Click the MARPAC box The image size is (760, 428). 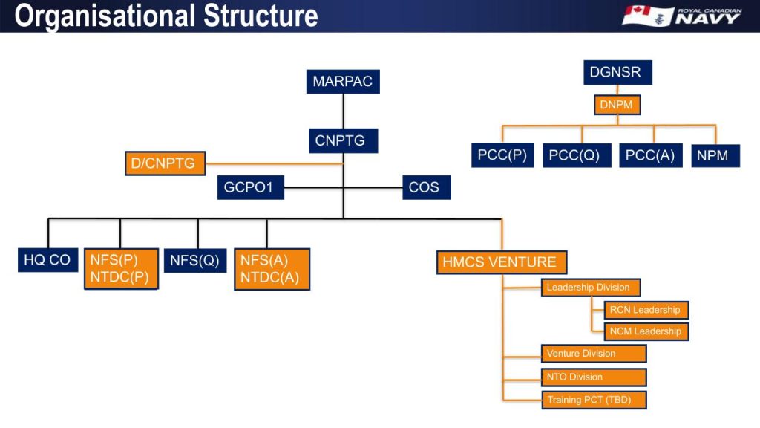tap(342, 82)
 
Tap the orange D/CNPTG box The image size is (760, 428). tap(165, 163)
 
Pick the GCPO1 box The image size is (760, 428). tap(249, 187)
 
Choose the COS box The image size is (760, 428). tap(425, 187)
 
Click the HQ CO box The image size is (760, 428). tap(48, 260)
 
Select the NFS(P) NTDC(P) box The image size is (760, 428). tap(120, 268)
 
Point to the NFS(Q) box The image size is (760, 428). tap(194, 260)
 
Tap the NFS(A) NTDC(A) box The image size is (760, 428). tap(272, 268)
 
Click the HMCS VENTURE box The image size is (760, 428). tap(502, 262)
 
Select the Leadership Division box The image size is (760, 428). tap(590, 288)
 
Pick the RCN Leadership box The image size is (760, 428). tap(646, 310)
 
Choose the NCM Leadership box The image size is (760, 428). tap(646, 331)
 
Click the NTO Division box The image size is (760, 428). tap(594, 377)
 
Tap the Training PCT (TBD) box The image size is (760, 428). tap(594, 400)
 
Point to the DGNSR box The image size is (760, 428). tap(617, 73)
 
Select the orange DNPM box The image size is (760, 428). tap(617, 105)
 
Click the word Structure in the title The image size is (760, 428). tap(252, 16)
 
